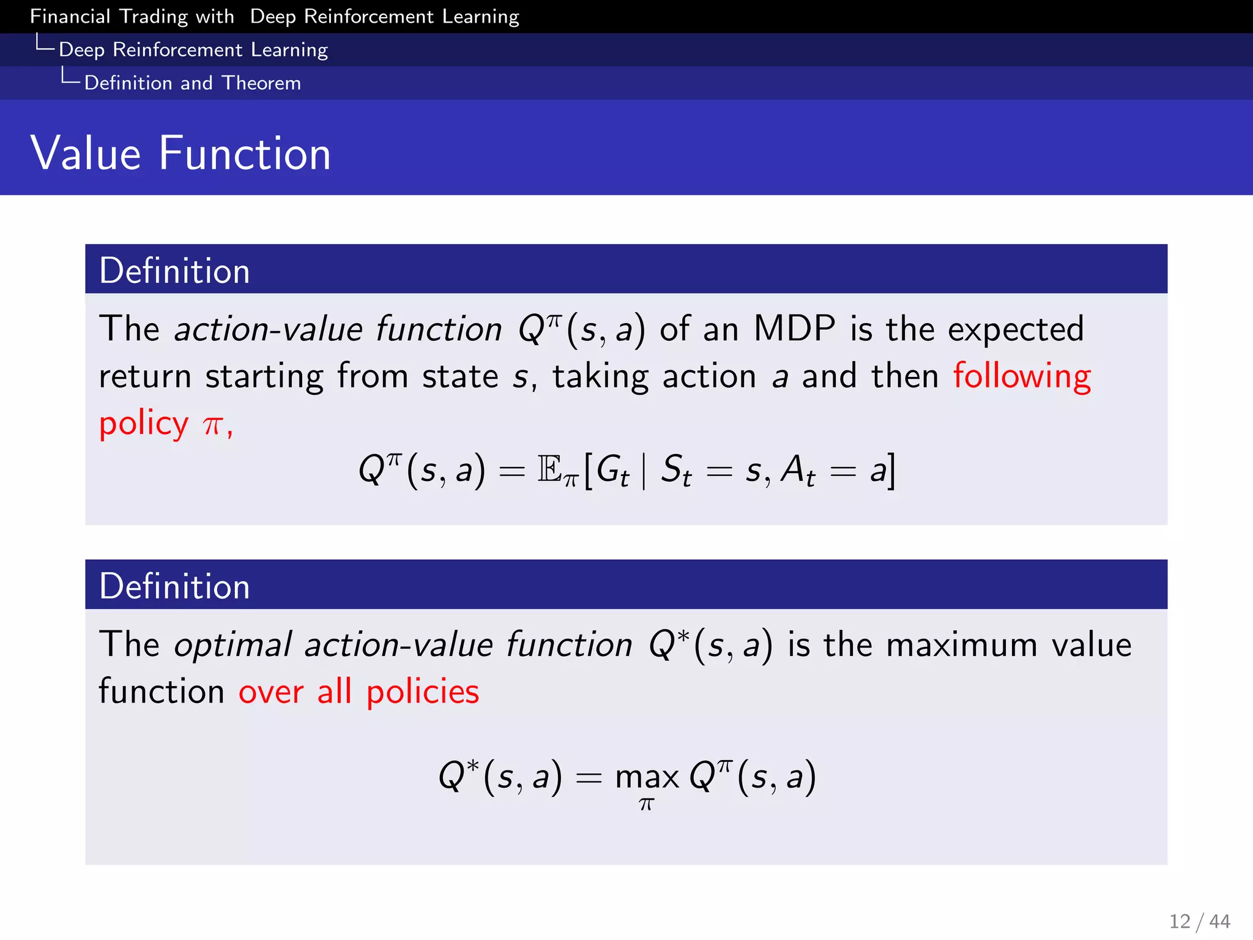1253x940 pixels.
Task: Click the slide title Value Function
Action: click(x=180, y=153)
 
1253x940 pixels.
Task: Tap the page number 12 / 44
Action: click(x=1199, y=921)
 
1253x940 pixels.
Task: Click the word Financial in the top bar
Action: click(x=70, y=17)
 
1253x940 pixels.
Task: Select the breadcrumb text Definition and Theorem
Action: click(x=192, y=83)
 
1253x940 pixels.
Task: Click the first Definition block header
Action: click(x=174, y=270)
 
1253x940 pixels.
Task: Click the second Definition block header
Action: click(x=174, y=586)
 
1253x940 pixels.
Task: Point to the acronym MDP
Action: click(x=794, y=329)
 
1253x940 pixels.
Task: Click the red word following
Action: click(x=1022, y=376)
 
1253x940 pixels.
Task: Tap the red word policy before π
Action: click(x=144, y=423)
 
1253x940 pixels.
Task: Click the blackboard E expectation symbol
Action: click(x=550, y=470)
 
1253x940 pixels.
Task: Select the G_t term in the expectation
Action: click(x=612, y=471)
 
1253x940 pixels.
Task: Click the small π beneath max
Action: click(x=647, y=804)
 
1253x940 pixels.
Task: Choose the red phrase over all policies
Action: click(x=359, y=692)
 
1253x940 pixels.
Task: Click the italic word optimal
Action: click(x=232, y=646)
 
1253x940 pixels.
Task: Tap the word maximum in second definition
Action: click(x=961, y=646)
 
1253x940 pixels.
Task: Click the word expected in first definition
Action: click(x=1015, y=329)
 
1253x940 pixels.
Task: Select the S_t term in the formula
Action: click(x=676, y=471)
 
